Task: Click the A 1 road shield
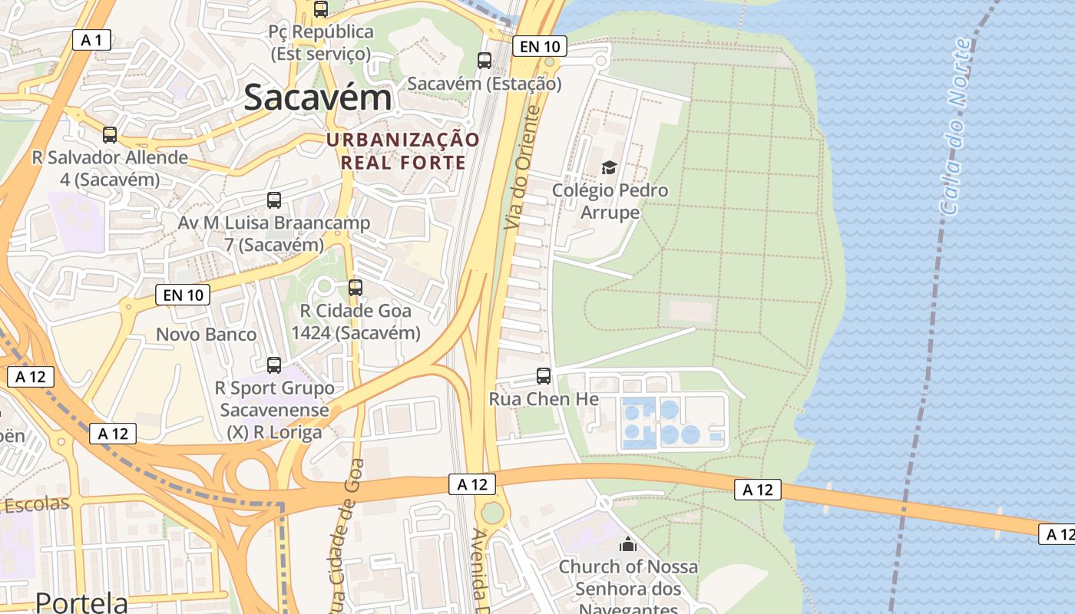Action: tap(92, 41)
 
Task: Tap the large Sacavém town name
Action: tap(318, 98)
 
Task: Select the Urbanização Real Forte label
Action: tap(403, 151)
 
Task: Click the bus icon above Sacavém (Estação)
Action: tap(485, 60)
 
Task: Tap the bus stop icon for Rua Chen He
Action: tap(544, 376)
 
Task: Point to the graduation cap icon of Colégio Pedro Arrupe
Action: tap(609, 167)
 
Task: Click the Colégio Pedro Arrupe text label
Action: tap(610, 201)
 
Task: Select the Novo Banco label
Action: tap(206, 335)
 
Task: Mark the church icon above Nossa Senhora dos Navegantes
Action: tap(628, 544)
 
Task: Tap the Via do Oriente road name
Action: tap(523, 167)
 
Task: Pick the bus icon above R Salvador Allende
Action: tap(110, 135)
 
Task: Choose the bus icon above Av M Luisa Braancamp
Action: tap(274, 200)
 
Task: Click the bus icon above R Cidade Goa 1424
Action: tap(355, 288)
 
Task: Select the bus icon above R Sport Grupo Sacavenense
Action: tap(274, 365)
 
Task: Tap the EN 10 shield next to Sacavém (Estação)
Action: tap(540, 47)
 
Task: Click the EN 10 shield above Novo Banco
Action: tap(183, 294)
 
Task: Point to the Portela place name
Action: tap(82, 602)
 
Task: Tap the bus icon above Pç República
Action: tap(321, 9)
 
